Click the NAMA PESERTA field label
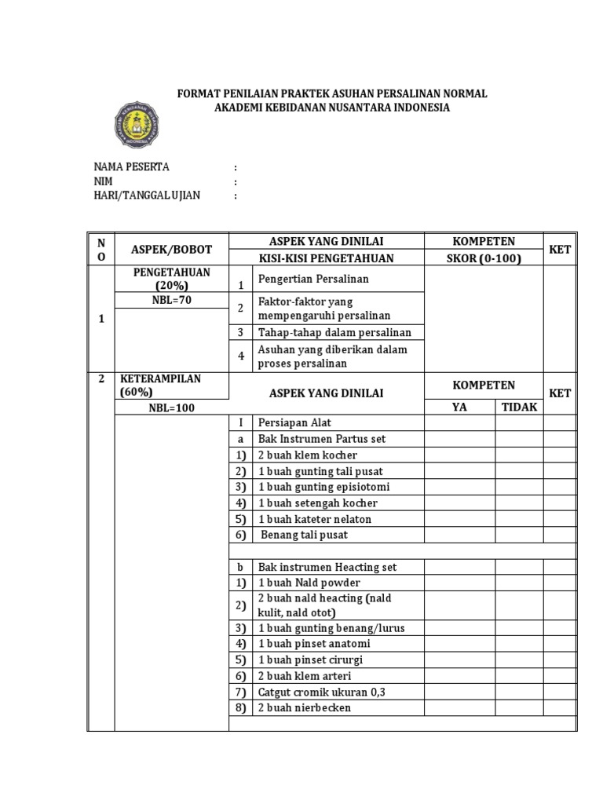[x=131, y=167]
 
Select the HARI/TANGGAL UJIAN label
[x=147, y=196]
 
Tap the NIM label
[x=103, y=181]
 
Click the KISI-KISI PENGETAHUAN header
[x=326, y=258]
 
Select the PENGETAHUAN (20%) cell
[x=171, y=279]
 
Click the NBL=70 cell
[x=171, y=300]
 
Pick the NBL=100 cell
[x=171, y=407]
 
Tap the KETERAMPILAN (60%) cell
[x=160, y=385]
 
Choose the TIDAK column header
[x=519, y=407]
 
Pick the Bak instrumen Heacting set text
[x=327, y=567]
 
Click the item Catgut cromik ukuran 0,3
[x=322, y=692]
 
